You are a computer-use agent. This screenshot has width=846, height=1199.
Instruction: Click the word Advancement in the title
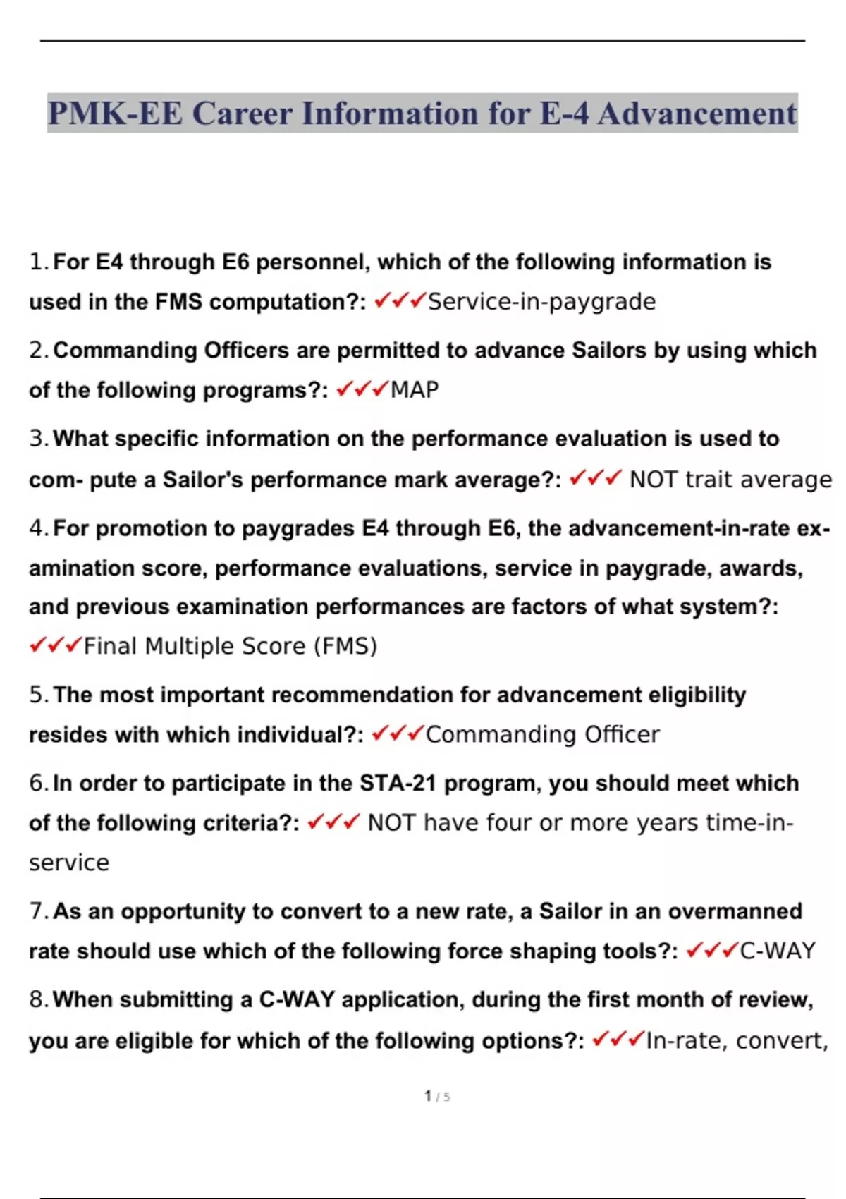(697, 114)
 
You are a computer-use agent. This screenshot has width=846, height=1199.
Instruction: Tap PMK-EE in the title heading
(115, 114)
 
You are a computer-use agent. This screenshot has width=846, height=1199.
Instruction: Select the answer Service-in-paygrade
(541, 302)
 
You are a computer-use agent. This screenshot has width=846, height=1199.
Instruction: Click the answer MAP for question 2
(415, 390)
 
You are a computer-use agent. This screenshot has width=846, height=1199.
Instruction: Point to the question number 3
(37, 439)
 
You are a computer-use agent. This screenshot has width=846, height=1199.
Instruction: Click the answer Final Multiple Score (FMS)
(231, 646)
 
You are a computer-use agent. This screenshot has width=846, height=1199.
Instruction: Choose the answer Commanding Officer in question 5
(542, 735)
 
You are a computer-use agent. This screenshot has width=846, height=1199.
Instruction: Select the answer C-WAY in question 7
(777, 951)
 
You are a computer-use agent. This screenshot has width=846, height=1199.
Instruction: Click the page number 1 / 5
(437, 1097)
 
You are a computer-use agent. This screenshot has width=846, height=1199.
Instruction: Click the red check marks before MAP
(362, 389)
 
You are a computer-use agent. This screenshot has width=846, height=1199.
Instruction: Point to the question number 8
(37, 1000)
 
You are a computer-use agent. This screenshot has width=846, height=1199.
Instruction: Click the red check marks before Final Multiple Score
(55, 645)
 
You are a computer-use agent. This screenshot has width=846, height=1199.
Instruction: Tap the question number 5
(37, 695)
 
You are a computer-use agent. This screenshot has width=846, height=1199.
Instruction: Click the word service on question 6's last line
(69, 863)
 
